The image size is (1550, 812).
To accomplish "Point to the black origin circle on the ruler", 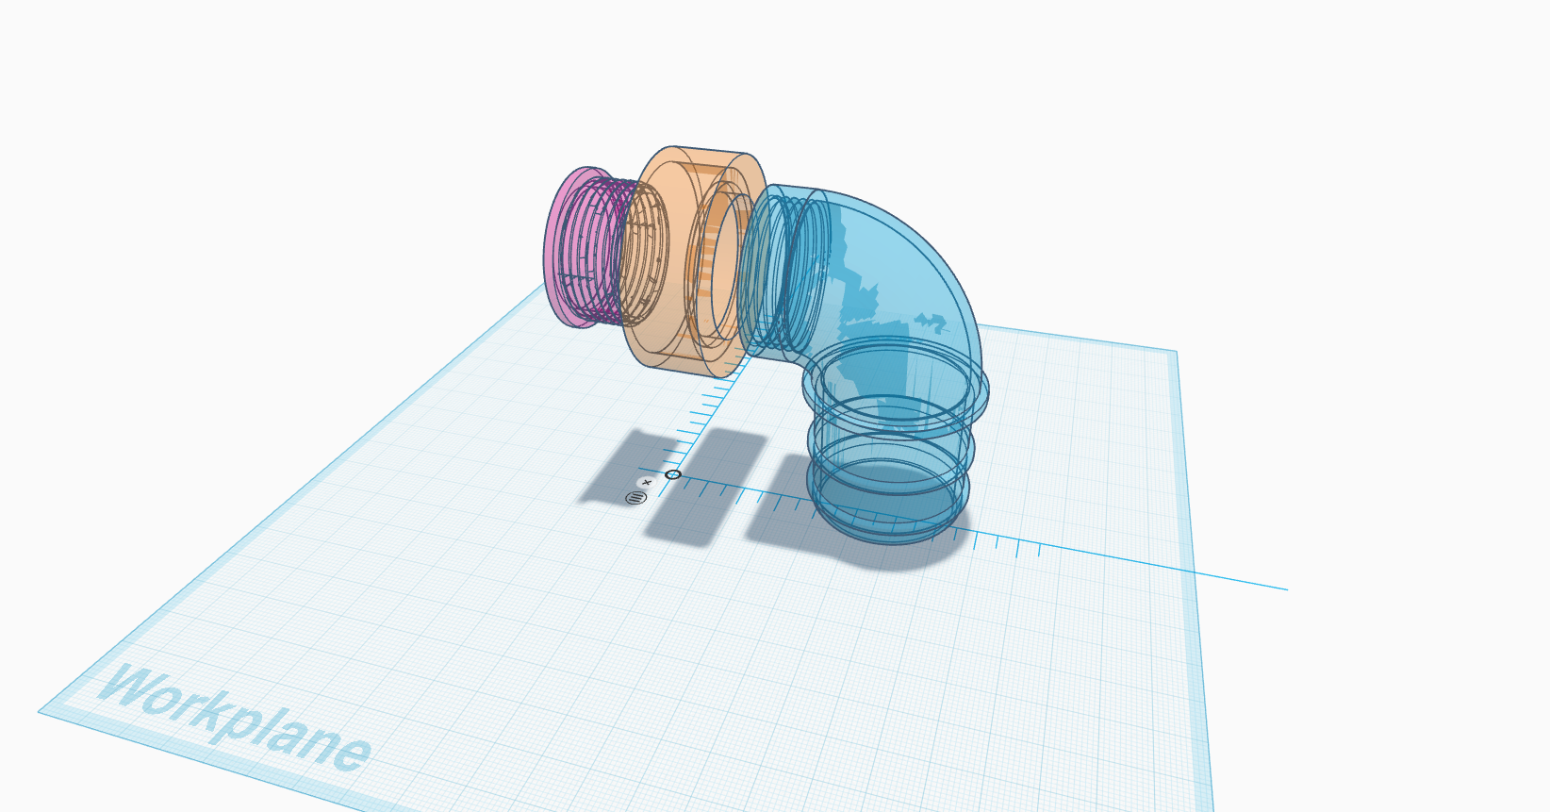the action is pyautogui.click(x=672, y=474).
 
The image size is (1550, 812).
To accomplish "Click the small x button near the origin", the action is pyautogui.click(x=647, y=483).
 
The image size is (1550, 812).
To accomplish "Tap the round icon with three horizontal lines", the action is pyautogui.click(x=635, y=498).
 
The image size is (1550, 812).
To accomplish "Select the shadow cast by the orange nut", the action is pyautogui.click(x=706, y=485).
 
